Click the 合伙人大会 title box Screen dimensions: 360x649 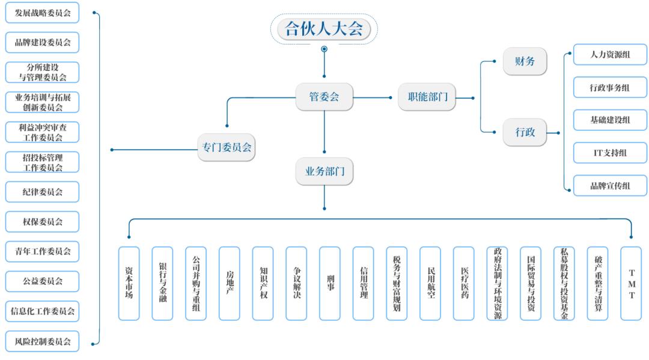(324, 29)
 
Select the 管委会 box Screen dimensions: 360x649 (324, 97)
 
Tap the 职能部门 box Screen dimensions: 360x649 (427, 97)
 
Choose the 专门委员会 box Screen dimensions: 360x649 (227, 147)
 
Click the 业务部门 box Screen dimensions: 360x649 (324, 171)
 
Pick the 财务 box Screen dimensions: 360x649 (525, 61)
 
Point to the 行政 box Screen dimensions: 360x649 (525, 132)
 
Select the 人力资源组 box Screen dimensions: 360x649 (610, 55)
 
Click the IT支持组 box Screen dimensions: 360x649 (610, 153)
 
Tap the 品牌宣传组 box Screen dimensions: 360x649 (610, 186)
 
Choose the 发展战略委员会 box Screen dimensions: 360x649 (43, 13)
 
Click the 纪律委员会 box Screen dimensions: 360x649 (43, 192)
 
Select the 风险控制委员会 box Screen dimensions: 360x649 (43, 341)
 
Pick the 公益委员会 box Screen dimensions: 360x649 (43, 281)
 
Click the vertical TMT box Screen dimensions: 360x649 (631, 283)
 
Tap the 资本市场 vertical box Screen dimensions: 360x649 (129, 283)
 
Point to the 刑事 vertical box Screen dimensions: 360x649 (330, 283)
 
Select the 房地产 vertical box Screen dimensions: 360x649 (230, 283)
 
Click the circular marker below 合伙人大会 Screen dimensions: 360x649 (324, 49)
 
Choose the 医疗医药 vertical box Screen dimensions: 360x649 (464, 283)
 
